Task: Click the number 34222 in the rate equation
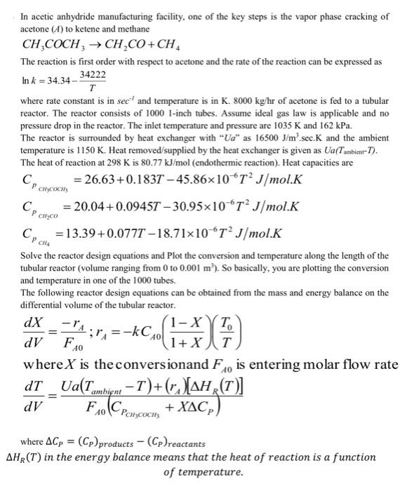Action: click(x=93, y=74)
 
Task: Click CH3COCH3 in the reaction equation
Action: click(x=56, y=46)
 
